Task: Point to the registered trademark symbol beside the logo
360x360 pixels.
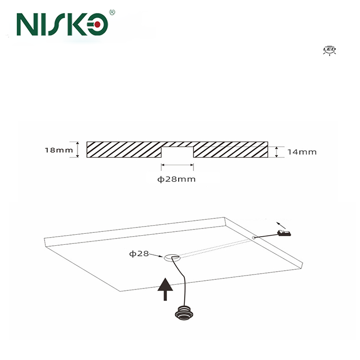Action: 112,12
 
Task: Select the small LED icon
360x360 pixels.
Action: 329,50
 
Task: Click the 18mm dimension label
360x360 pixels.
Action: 58,150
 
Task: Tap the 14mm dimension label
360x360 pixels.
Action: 302,152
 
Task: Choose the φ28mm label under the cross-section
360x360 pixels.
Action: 177,179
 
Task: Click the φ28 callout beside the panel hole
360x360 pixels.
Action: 139,253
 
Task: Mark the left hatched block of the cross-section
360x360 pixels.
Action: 123,149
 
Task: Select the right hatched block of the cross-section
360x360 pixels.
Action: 230,149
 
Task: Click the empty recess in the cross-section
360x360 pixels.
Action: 177,152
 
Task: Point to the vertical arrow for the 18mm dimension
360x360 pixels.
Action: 77,149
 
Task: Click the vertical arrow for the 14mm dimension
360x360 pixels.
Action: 276,152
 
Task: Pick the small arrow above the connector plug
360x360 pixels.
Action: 282,225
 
